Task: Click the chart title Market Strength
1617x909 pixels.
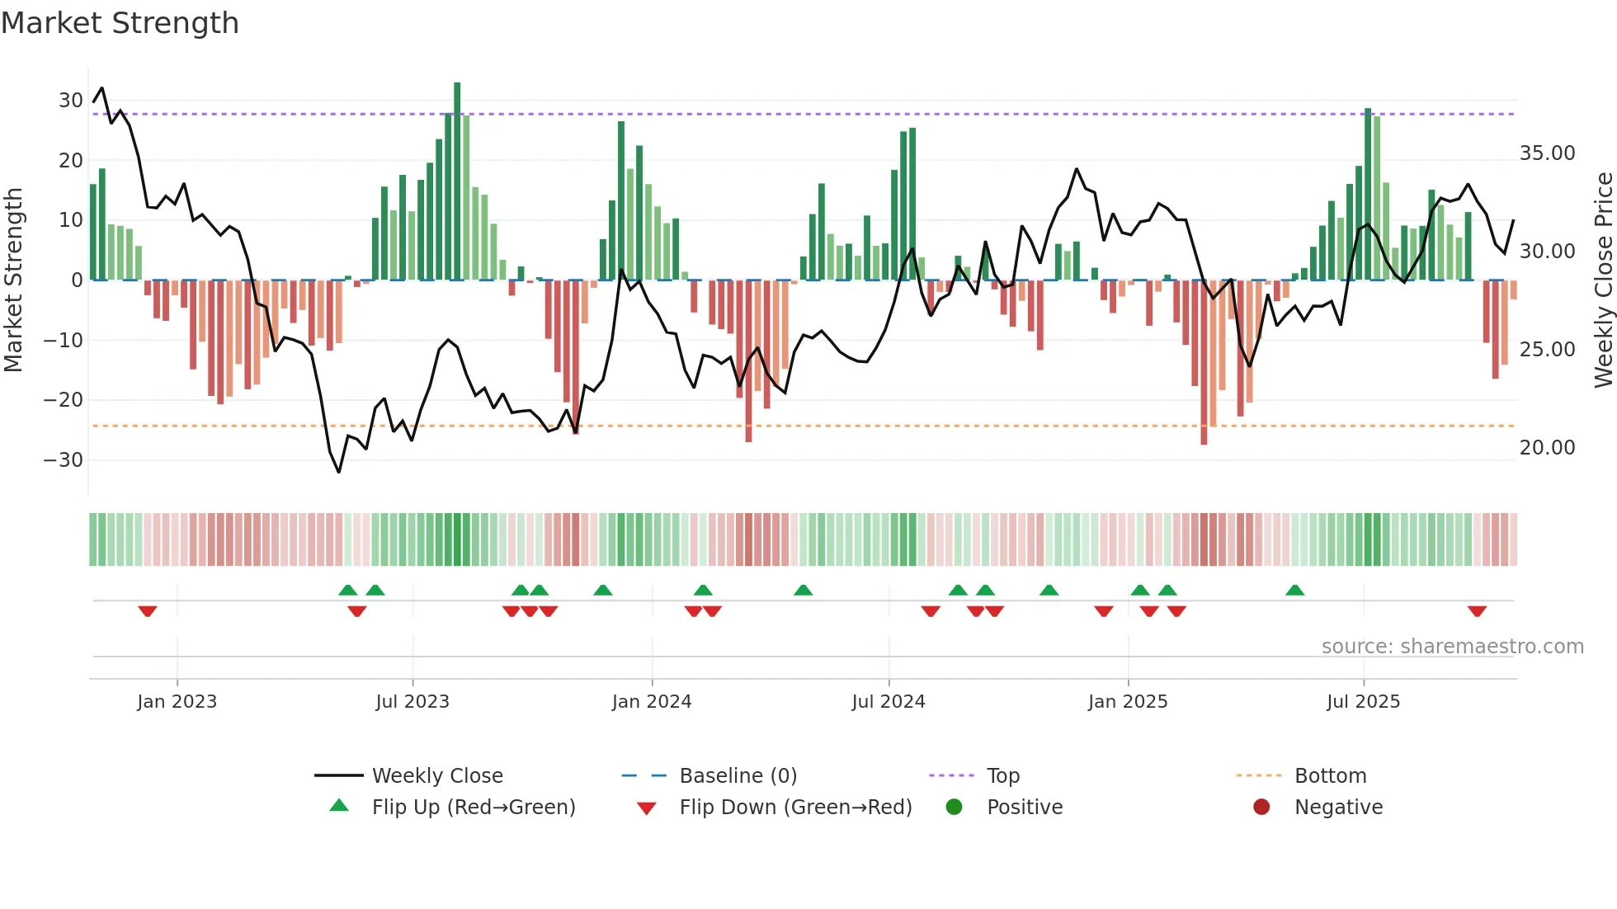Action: (120, 23)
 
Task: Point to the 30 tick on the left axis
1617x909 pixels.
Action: (71, 101)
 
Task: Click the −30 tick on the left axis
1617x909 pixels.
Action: (64, 460)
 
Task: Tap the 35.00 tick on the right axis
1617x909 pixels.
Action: (1547, 153)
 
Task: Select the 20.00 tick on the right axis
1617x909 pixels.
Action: (1547, 448)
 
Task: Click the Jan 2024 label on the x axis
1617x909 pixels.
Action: (651, 702)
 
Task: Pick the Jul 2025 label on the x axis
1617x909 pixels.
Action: (1363, 702)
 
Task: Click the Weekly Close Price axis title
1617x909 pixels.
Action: (1603, 280)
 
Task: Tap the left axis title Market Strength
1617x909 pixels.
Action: (13, 280)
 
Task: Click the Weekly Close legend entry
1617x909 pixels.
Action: (436, 776)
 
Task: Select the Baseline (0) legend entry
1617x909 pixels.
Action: (738, 776)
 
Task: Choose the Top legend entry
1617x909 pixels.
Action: (1002, 776)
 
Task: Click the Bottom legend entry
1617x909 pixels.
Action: (1330, 776)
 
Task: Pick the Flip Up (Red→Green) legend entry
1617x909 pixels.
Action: (473, 808)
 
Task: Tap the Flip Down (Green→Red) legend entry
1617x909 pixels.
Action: (795, 808)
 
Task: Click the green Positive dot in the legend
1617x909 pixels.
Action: (955, 808)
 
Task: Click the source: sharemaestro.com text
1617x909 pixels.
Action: (1452, 647)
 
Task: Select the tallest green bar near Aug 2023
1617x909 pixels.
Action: (457, 181)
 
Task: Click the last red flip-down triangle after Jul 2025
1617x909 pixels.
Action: (1477, 611)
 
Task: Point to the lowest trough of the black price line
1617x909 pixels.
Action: (338, 472)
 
